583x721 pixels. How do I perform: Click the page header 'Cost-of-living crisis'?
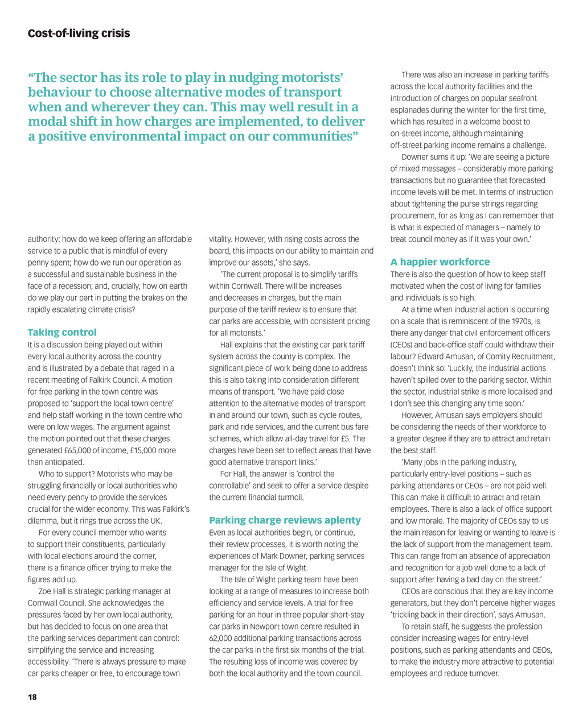coord(79,34)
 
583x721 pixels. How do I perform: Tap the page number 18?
coord(32,697)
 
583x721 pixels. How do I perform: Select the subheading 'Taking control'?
coord(62,333)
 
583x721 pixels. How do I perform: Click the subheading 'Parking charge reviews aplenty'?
coord(285,520)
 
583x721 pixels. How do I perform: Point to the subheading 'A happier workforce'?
coord(440,262)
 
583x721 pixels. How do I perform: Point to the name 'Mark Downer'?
coord(305,556)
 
